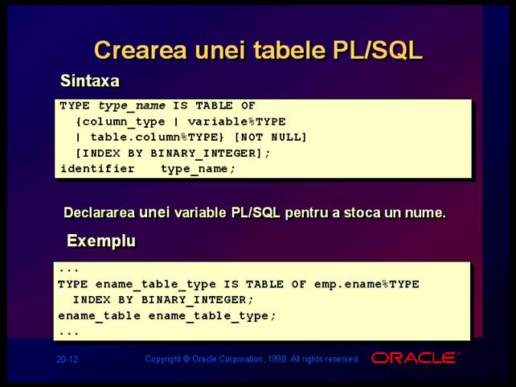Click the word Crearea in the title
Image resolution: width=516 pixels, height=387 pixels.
[141, 50]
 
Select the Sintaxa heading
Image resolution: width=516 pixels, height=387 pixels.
[89, 80]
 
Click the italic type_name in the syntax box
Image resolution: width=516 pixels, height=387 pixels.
[132, 106]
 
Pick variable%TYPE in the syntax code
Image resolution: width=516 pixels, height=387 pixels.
[236, 121]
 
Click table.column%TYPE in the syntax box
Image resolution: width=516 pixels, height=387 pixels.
[157, 137]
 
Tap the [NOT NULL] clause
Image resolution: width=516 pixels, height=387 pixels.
[270, 137]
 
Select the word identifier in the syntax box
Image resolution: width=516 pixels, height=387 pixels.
[98, 169]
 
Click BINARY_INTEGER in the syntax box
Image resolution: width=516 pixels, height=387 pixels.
[203, 154]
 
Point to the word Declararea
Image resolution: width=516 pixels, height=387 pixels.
[99, 212]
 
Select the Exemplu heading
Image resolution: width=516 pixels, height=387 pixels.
[101, 241]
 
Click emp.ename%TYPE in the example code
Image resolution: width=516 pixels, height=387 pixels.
[367, 284]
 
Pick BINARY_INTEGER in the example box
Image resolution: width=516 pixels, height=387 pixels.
[194, 300]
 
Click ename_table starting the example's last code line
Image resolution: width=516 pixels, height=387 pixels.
[100, 316]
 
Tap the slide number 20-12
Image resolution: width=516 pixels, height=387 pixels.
[67, 360]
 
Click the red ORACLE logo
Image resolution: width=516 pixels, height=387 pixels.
[415, 358]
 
